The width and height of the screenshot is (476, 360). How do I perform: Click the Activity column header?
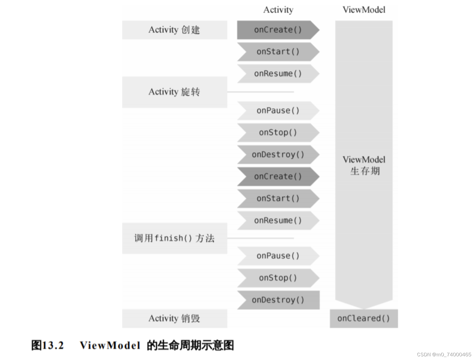[x=278, y=10]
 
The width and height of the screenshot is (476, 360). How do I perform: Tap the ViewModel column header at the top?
[x=364, y=10]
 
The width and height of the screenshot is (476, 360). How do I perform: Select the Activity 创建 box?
[x=174, y=30]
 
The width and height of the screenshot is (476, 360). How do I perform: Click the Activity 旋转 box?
[x=174, y=92]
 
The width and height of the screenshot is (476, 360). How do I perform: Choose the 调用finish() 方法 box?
[x=174, y=238]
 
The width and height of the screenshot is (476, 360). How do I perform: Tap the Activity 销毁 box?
[x=174, y=318]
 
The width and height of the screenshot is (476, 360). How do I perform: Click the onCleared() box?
[x=363, y=318]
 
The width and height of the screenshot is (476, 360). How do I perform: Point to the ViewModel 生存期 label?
[x=364, y=165]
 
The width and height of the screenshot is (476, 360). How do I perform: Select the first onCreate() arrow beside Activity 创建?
[x=278, y=30]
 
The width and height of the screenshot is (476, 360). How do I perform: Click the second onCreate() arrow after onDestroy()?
[x=278, y=176]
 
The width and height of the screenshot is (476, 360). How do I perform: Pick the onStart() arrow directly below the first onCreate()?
[x=278, y=52]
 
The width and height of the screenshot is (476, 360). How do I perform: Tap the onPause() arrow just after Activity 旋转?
[x=278, y=110]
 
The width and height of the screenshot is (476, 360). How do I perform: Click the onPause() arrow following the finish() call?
[x=278, y=256]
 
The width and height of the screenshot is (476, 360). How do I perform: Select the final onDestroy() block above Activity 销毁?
[x=278, y=300]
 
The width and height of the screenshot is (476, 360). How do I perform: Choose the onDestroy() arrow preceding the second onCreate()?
[x=278, y=154]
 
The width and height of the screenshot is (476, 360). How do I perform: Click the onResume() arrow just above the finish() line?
[x=278, y=220]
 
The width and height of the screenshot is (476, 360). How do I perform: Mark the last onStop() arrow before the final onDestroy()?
[x=278, y=278]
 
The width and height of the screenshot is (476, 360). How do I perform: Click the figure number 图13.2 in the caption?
[x=48, y=345]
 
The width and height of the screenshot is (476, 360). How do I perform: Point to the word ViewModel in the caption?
[x=110, y=345]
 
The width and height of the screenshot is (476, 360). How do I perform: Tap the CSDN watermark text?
[x=444, y=354]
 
